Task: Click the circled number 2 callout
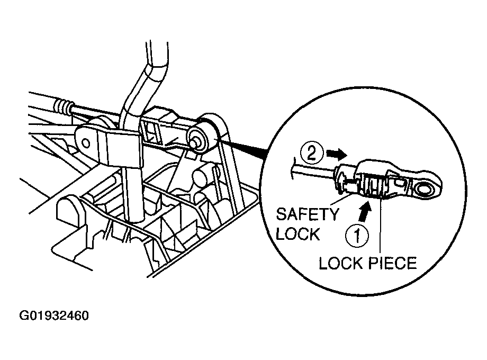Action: coord(312,154)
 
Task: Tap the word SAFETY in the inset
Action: coord(308,214)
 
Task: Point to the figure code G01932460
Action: coord(55,316)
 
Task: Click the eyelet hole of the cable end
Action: coord(424,188)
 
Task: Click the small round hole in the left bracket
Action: coord(86,143)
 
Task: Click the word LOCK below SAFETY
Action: coord(297,233)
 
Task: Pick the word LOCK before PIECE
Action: coord(341,264)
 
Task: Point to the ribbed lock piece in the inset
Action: coord(374,186)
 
